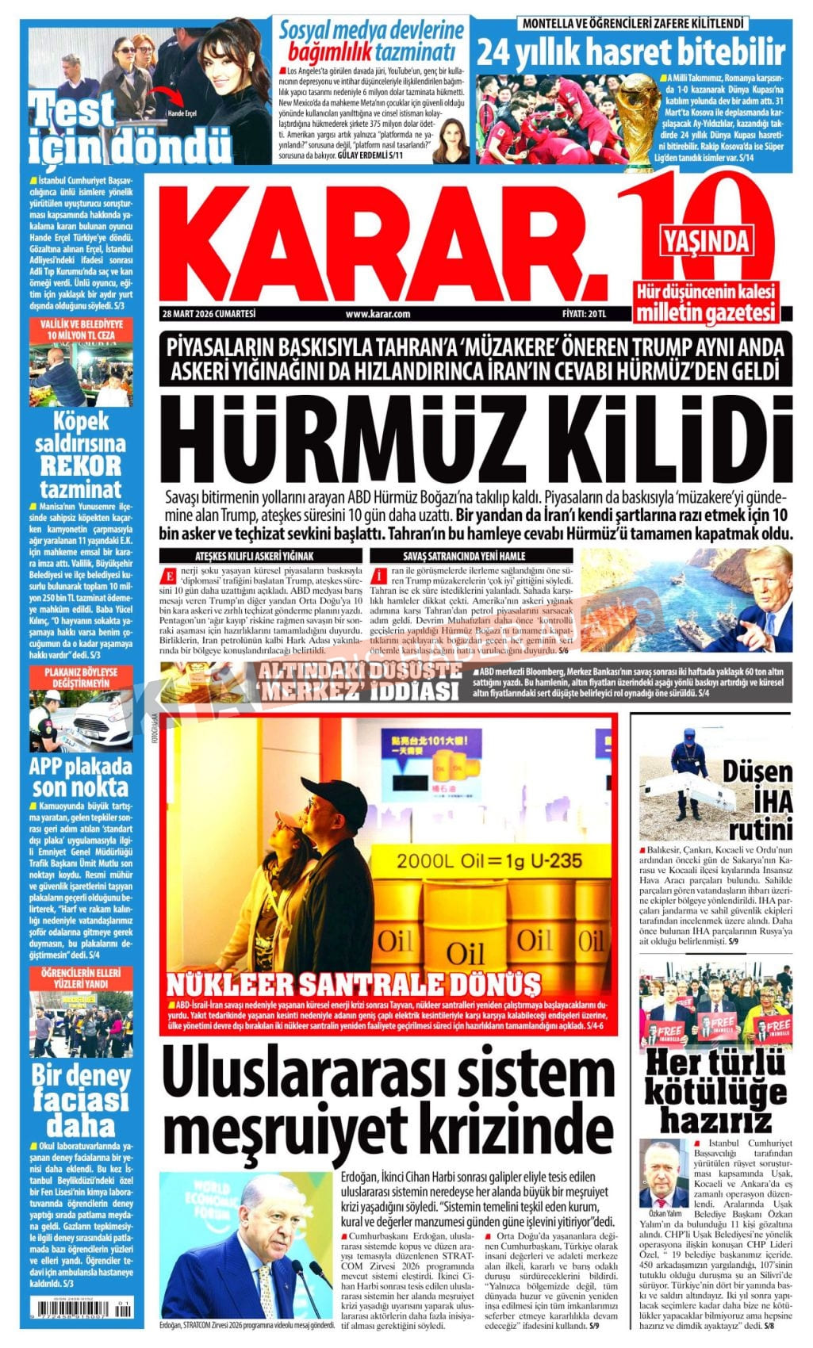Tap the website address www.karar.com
[x=378, y=314]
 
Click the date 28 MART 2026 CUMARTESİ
[x=209, y=314]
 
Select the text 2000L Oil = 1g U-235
[x=489, y=861]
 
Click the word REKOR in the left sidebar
[x=80, y=465]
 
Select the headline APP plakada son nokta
[x=80, y=777]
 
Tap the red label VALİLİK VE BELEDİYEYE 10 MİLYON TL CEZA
[x=80, y=330]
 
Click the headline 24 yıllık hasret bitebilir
[x=631, y=53]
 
